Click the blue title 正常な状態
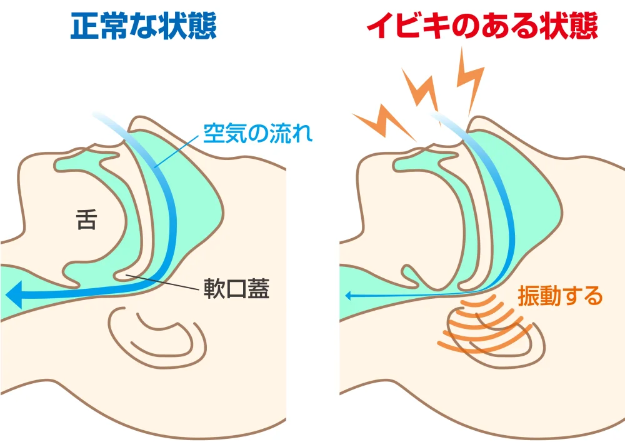(x=143, y=26)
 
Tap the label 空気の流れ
(x=257, y=133)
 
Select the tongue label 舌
(x=87, y=219)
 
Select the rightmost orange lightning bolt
(x=470, y=78)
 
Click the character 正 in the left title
(x=84, y=26)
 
